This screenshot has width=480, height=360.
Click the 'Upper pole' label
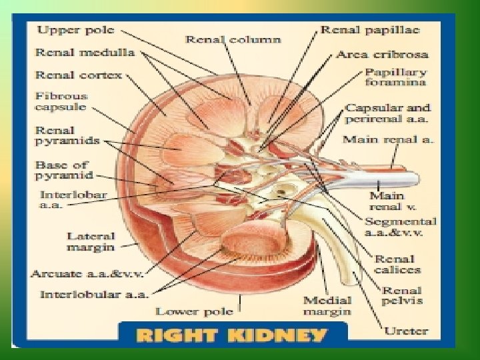75,31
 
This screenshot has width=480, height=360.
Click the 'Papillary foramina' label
396,77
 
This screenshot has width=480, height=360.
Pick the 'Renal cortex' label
79,75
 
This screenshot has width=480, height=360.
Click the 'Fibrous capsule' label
61,102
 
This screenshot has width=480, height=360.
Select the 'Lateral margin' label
90,241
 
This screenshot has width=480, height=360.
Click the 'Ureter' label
407,330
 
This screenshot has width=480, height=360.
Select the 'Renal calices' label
397,265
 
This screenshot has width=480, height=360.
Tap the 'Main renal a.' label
388,140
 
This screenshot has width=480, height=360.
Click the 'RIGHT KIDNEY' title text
231,335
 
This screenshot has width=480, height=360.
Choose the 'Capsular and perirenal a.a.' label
387,113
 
